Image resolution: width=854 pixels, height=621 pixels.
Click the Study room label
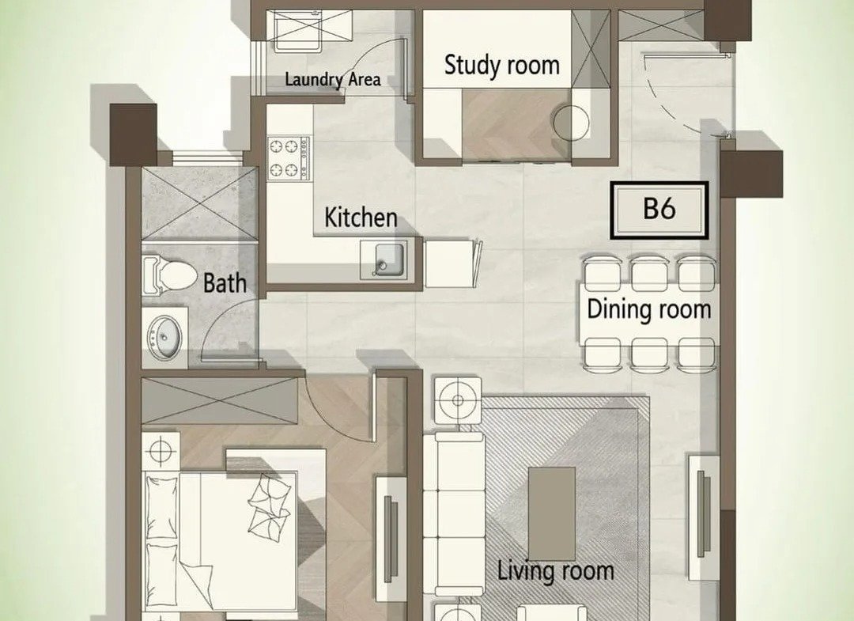point(501,66)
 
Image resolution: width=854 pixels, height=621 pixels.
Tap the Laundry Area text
point(333,80)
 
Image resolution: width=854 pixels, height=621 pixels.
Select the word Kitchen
point(361,218)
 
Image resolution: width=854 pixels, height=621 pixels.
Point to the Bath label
point(225,283)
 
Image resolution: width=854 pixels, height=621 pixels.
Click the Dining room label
point(648,309)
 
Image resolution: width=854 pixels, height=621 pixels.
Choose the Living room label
point(556,571)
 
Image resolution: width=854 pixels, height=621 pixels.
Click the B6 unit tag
point(659,210)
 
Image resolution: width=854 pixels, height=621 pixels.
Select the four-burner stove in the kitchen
point(289,158)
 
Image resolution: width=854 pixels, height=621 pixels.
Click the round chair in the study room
point(571,123)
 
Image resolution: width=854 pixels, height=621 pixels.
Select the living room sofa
point(454,515)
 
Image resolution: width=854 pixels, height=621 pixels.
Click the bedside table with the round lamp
point(161,450)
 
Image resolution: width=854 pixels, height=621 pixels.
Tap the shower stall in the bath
point(198,204)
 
